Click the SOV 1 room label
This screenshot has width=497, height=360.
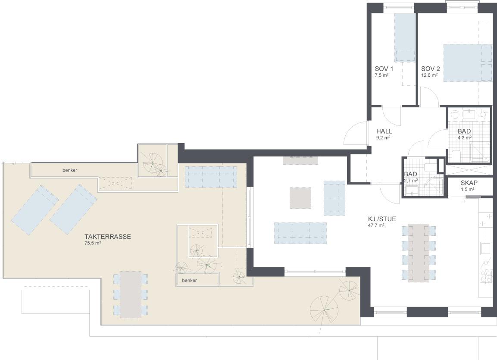(x=384, y=69)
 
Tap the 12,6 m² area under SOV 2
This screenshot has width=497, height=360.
(x=429, y=75)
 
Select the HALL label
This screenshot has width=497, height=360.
(x=384, y=131)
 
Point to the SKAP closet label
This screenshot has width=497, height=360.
(x=469, y=183)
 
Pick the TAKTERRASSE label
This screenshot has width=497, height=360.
(x=108, y=237)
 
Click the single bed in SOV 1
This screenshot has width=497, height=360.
(x=405, y=38)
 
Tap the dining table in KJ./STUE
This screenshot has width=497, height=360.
(x=419, y=253)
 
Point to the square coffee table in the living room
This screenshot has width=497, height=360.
(x=300, y=198)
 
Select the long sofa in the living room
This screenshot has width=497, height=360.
(x=300, y=233)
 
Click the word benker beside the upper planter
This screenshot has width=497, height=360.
(x=70, y=170)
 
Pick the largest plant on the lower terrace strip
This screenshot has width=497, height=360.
(x=324, y=310)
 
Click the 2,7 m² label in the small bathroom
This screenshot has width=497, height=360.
(x=411, y=180)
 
